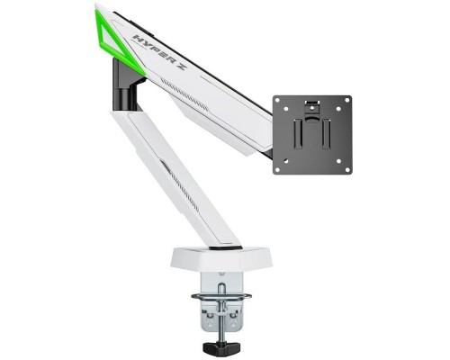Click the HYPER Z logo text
click(160, 53)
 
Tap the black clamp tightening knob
click(221, 347)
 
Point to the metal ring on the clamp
click(221, 297)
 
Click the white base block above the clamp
click(221, 258)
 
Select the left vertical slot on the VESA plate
click(297, 134)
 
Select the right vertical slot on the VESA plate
click(327, 134)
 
